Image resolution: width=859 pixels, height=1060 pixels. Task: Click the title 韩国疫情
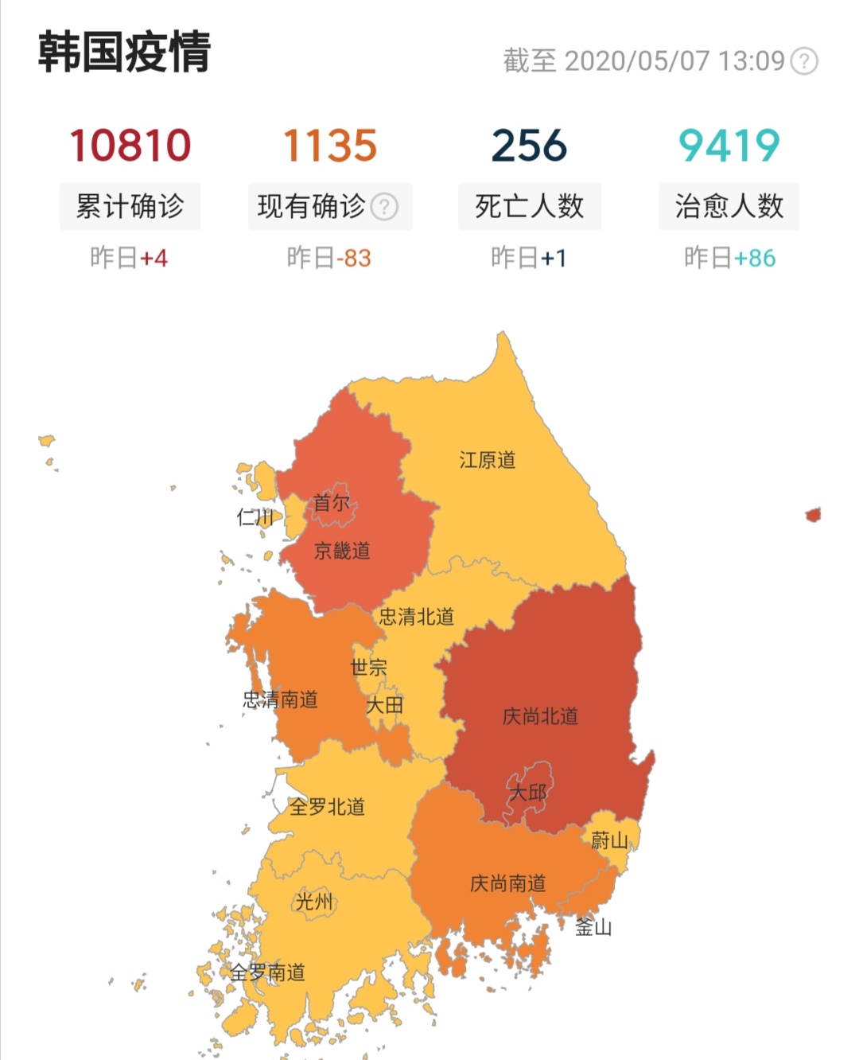coord(124,53)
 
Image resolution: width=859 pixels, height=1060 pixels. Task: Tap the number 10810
coord(130,146)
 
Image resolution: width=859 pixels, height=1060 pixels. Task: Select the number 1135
coord(330,146)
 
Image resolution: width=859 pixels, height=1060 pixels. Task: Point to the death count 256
coord(529,146)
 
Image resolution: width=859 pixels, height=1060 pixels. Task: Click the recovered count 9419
coord(729,146)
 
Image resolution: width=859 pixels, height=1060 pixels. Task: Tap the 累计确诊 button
coord(130,207)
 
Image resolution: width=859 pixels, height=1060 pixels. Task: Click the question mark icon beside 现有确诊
coord(385,207)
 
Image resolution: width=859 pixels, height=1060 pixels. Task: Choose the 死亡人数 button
coord(529,207)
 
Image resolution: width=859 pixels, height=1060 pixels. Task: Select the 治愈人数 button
coord(729,207)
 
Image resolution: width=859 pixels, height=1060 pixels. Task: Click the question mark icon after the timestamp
coord(805,61)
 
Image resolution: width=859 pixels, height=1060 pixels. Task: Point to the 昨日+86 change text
coord(729,258)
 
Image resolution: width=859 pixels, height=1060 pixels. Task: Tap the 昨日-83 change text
coord(329,258)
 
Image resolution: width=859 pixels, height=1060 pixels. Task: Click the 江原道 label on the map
coord(488,460)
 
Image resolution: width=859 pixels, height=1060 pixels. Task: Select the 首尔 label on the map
coord(332,503)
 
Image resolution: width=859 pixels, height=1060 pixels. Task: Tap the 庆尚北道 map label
coord(540,716)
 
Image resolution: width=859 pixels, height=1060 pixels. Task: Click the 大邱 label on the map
coord(527,793)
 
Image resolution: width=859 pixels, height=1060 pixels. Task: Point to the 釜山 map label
coord(593,927)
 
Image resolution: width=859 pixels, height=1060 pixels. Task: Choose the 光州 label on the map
coord(314,902)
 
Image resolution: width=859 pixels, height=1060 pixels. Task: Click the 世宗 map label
coord(368,667)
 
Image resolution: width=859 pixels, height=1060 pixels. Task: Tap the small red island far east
coord(813,515)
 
